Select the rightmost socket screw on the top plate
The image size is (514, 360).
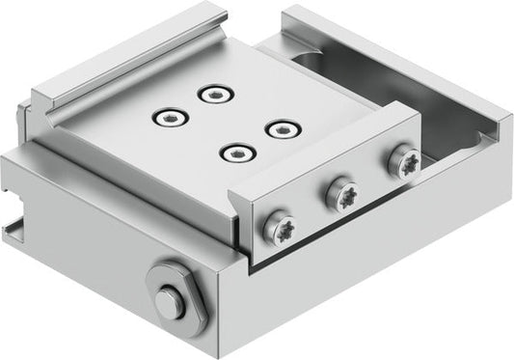[x=279, y=128]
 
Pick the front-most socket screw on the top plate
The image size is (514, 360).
[x=232, y=152]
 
